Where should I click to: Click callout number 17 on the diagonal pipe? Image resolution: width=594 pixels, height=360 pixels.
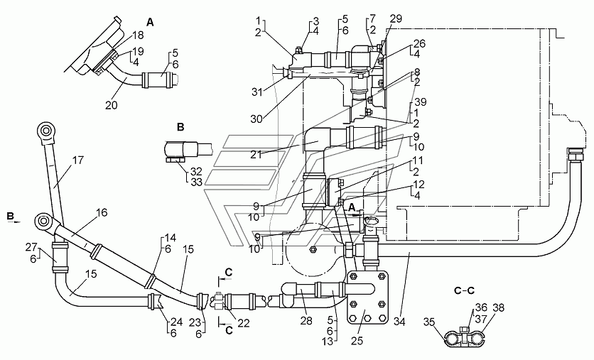[x=78, y=160]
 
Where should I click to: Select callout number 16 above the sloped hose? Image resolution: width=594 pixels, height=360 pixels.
[x=102, y=212]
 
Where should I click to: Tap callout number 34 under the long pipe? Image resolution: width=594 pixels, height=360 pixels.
[x=399, y=322]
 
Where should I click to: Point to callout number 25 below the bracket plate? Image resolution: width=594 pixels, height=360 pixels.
[x=357, y=340]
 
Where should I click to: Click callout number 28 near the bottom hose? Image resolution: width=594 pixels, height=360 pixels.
[x=306, y=321]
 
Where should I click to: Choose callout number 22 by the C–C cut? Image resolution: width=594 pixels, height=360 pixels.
[x=244, y=323]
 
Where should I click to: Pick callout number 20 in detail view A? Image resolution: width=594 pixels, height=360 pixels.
[x=112, y=105]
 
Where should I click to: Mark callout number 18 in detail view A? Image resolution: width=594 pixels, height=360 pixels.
[x=139, y=35]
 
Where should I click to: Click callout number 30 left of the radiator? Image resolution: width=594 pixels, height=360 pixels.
[x=256, y=119]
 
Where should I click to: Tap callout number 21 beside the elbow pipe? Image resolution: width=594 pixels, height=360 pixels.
[x=256, y=155]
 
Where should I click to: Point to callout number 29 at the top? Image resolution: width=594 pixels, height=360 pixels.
[x=396, y=19]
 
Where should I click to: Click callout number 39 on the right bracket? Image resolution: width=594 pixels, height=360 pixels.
[x=420, y=102]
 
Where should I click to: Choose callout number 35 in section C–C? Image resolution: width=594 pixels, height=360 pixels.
[x=429, y=322]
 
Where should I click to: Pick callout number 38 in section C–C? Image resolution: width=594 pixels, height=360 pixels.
[x=499, y=307]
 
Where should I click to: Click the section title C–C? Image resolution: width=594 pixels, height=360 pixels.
[x=464, y=290]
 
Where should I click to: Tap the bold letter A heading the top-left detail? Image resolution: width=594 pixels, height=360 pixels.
[x=151, y=22]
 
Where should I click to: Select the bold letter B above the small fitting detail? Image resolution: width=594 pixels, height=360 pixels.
[x=180, y=127]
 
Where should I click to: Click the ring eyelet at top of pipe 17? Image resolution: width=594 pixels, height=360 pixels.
[x=47, y=131]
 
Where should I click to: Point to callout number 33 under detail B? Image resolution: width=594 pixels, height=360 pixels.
[x=197, y=182]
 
